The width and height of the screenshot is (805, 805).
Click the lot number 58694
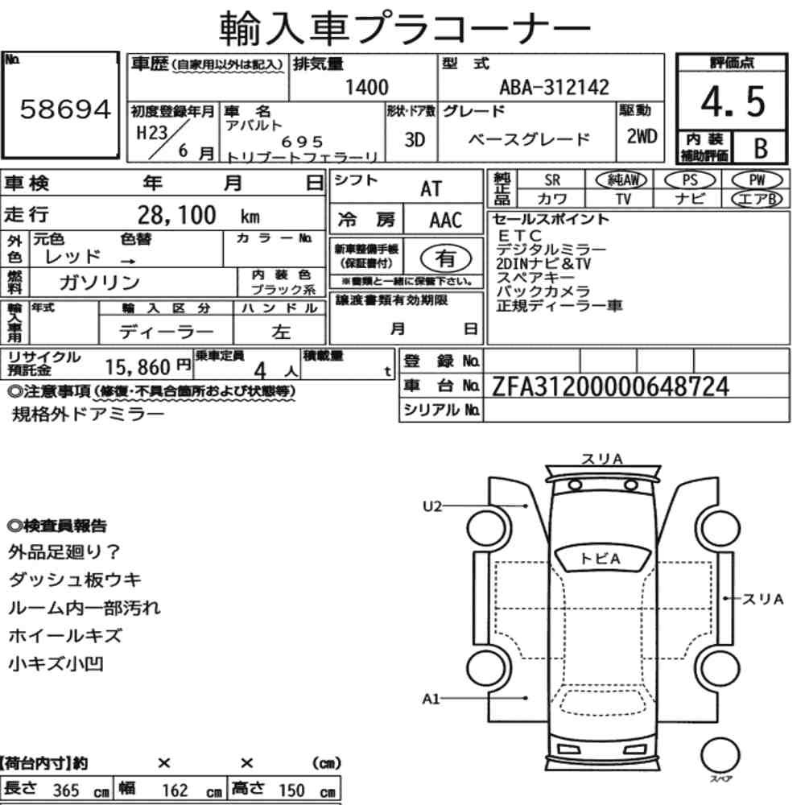click(65, 109)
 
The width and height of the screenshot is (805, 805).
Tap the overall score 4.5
click(733, 101)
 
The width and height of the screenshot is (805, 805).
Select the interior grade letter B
click(761, 148)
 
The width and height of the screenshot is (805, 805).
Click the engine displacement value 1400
click(367, 87)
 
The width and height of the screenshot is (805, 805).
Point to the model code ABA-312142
click(555, 87)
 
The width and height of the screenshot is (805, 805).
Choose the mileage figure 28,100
click(176, 215)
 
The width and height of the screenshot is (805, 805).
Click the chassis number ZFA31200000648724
click(610, 386)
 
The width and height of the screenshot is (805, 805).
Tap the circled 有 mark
click(446, 258)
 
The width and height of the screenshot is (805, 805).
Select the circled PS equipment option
click(690, 180)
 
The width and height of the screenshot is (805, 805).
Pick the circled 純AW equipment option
click(621, 180)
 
